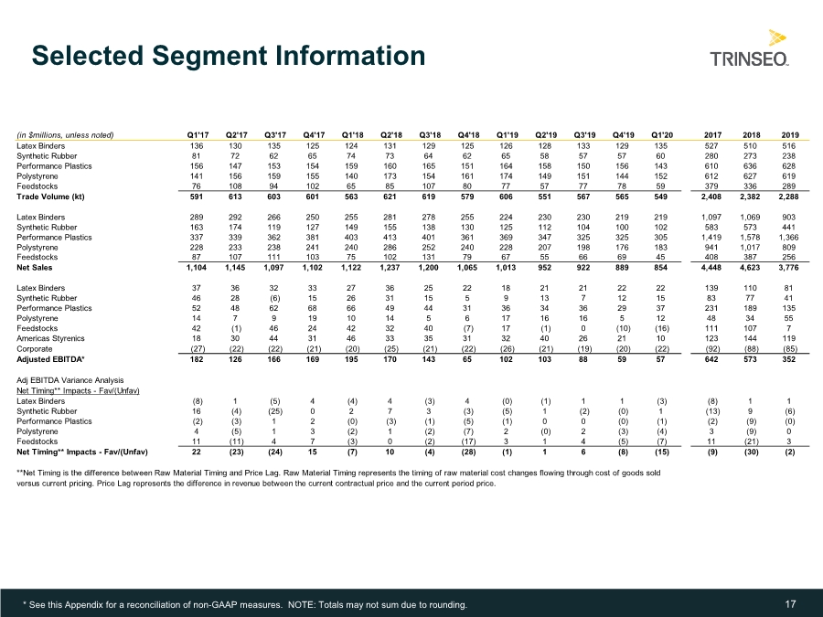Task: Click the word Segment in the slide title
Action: (x=208, y=56)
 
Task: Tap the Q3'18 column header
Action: (x=430, y=135)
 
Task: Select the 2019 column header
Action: (x=789, y=135)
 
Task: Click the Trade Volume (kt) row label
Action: (x=50, y=197)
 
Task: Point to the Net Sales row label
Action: (x=35, y=268)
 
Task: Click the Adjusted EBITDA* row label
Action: (x=50, y=359)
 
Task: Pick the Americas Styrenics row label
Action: (x=50, y=338)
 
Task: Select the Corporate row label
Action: (x=34, y=349)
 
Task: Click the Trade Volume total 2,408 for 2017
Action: (x=711, y=197)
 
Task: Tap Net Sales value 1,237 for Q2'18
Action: (x=390, y=268)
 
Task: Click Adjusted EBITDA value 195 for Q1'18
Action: (x=352, y=359)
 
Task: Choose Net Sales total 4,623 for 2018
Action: (x=750, y=268)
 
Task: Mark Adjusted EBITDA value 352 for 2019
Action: (x=789, y=359)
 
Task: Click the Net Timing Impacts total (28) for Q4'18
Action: (x=467, y=452)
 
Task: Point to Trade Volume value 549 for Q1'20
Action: (x=661, y=197)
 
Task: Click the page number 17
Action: (x=790, y=604)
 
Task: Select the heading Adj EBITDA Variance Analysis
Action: (x=69, y=380)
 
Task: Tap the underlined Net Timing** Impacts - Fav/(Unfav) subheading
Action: (x=78, y=391)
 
